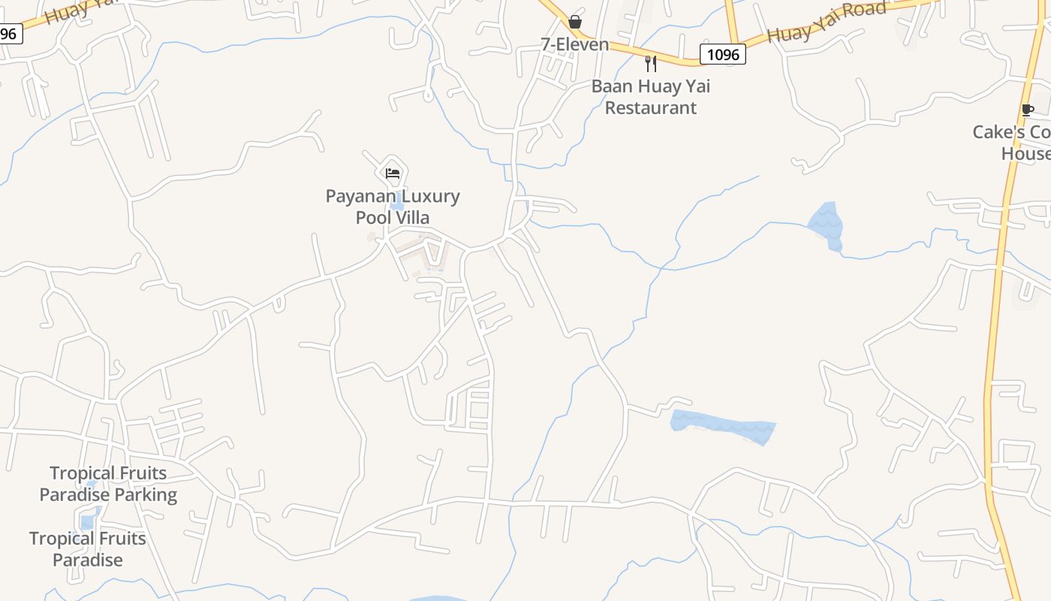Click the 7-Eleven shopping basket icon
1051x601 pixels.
click(575, 22)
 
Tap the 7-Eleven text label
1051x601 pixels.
click(575, 44)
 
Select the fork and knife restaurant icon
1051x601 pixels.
click(651, 64)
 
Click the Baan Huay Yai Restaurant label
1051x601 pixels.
click(651, 97)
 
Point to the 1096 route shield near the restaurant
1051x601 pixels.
click(723, 54)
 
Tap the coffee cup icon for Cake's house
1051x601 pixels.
click(1028, 110)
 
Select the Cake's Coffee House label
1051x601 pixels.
click(1013, 143)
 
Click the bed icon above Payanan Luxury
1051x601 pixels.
click(393, 174)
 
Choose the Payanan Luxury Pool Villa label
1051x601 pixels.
click(393, 207)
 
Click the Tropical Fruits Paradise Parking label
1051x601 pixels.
click(108, 484)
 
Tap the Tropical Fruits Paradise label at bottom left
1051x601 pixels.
click(87, 549)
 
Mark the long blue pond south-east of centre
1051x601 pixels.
click(722, 424)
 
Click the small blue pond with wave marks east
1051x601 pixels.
click(826, 224)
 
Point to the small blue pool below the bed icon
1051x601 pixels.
click(397, 204)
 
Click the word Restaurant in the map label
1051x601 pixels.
click(651, 107)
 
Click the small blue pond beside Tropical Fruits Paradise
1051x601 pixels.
click(88, 520)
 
